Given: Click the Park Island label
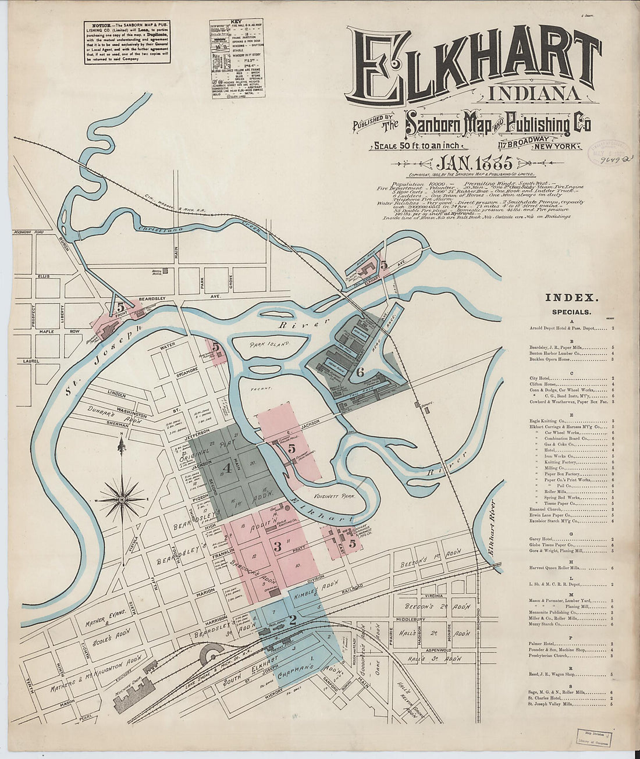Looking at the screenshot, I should [270, 345].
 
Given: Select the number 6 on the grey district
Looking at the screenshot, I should [360, 372].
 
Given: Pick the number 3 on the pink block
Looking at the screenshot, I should [278, 546].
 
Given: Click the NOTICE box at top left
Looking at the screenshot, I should [127, 42].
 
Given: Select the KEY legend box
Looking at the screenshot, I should [237, 59].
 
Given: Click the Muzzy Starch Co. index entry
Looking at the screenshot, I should [545, 624].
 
